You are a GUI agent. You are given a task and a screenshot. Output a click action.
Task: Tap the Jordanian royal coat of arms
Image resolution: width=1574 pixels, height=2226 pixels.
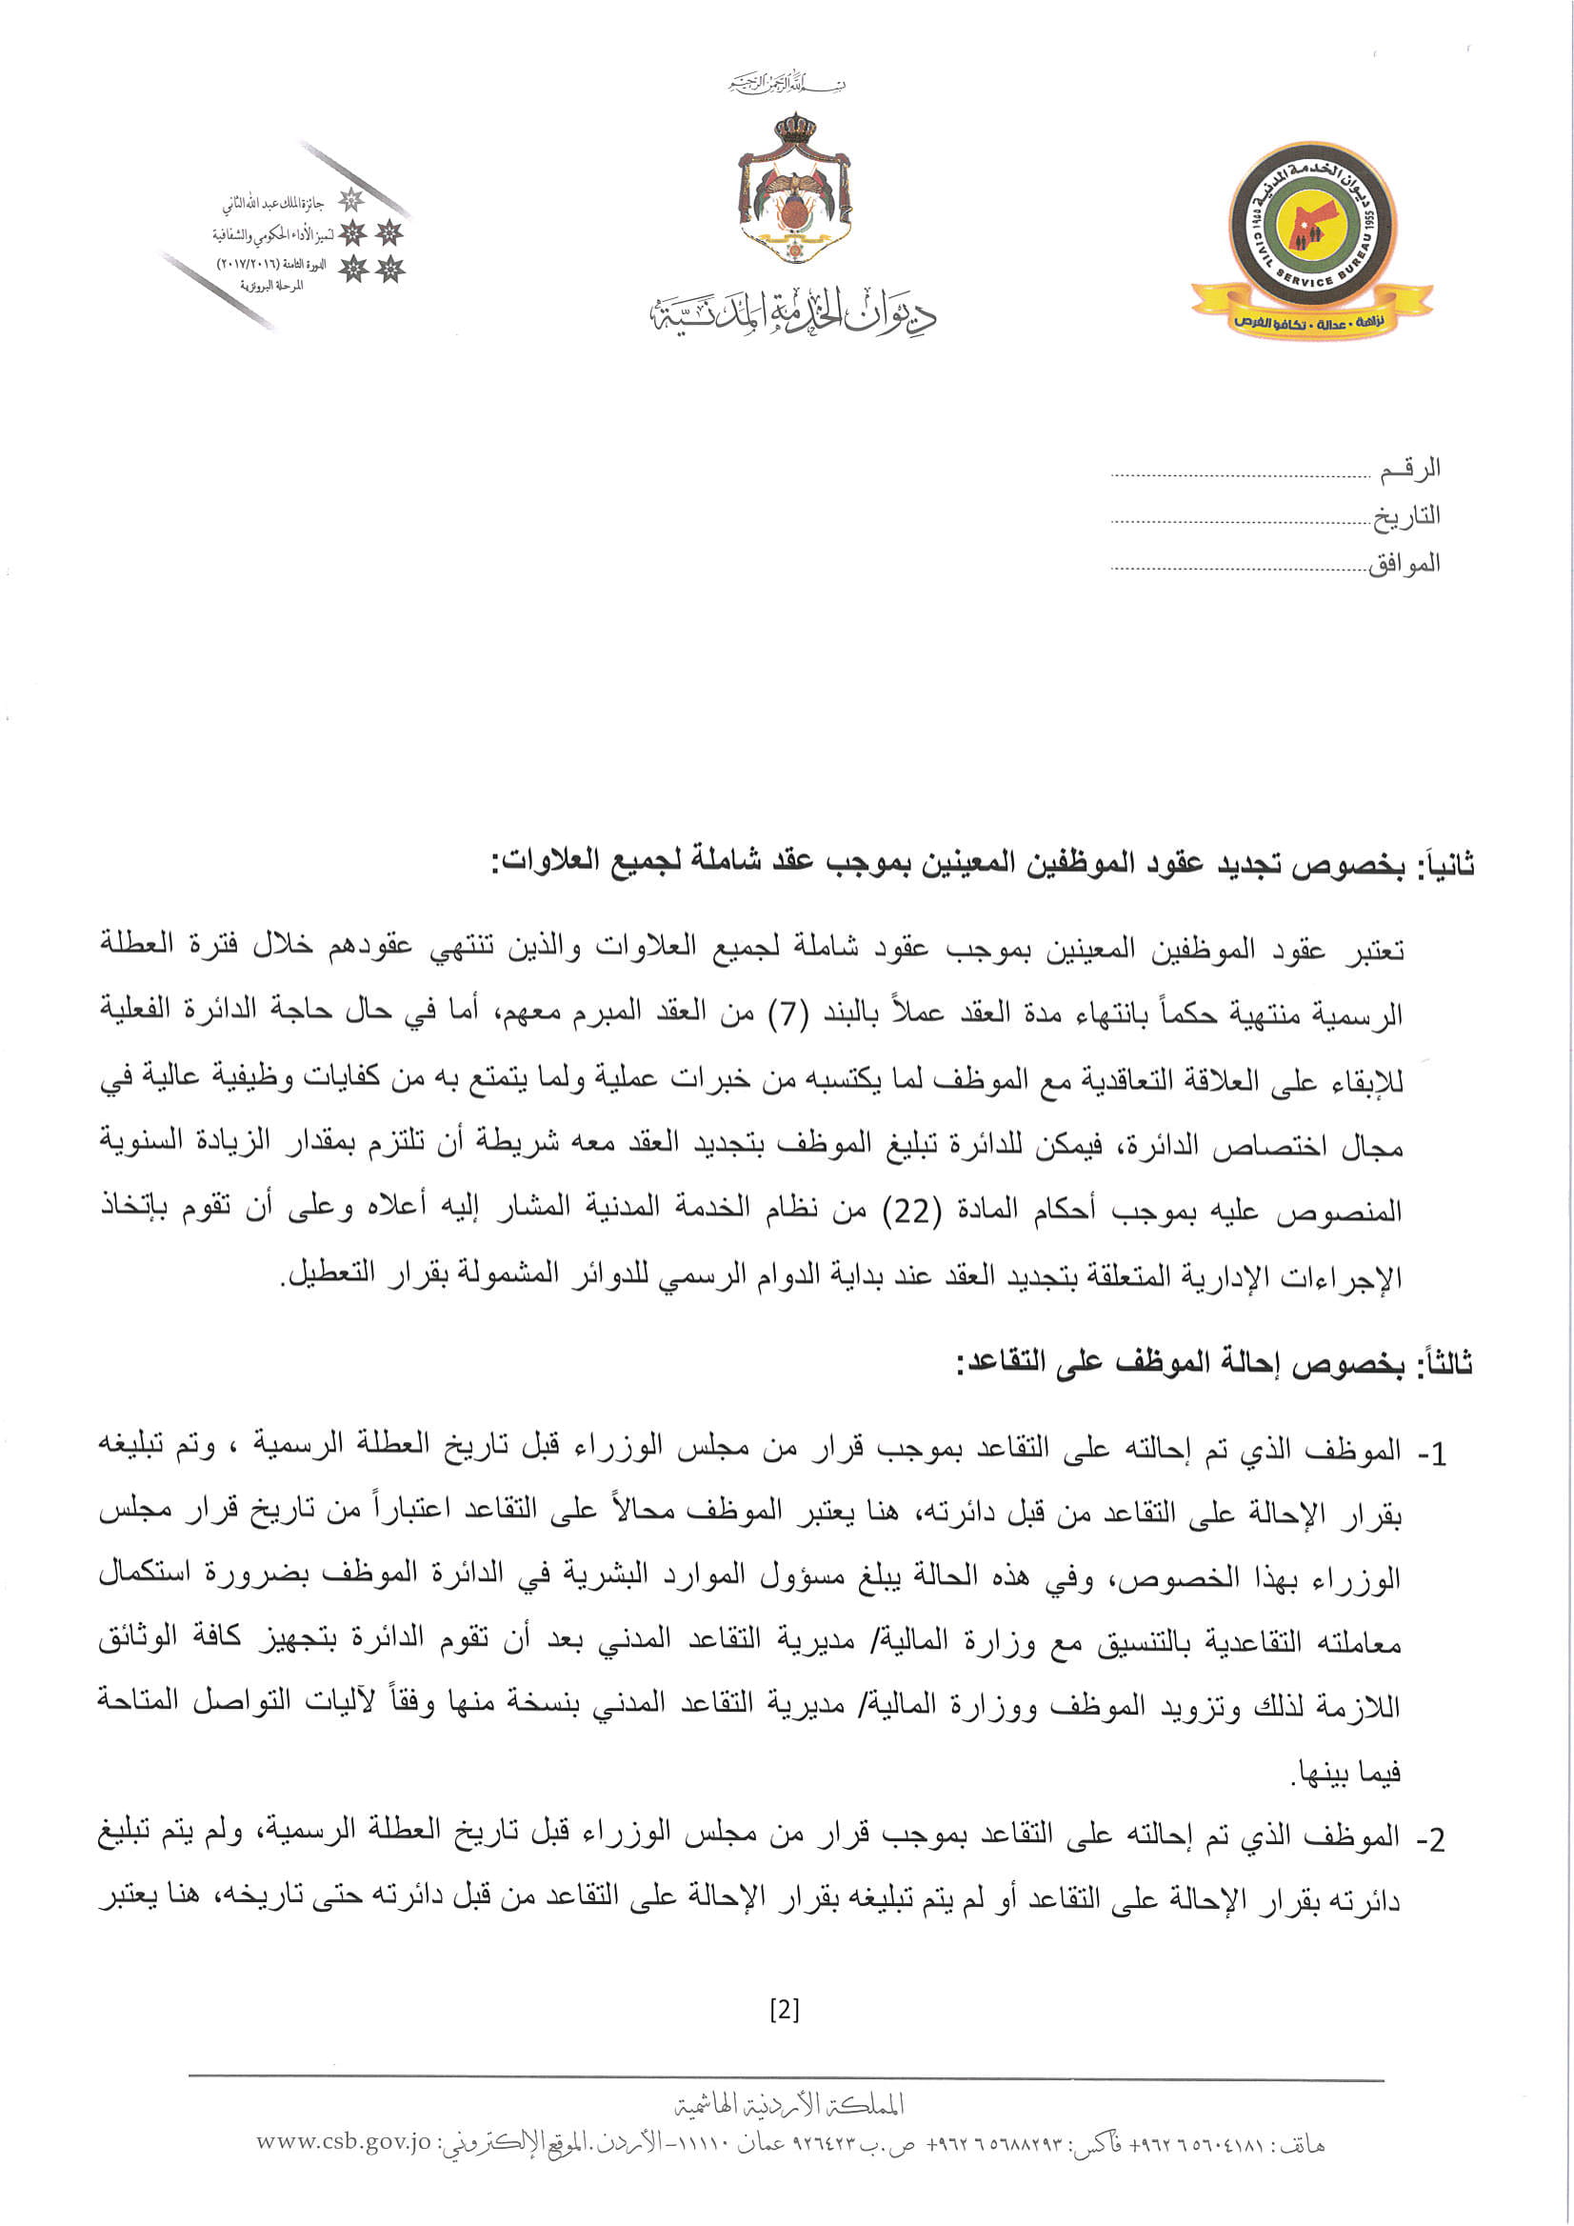coord(794,188)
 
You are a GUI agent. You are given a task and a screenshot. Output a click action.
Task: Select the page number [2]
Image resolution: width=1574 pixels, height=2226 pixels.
coord(784,2010)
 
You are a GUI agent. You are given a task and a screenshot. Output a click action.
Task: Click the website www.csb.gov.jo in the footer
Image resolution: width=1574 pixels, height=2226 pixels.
coord(343,2142)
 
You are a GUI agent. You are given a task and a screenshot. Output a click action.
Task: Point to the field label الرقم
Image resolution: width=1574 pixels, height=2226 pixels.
coord(1410,470)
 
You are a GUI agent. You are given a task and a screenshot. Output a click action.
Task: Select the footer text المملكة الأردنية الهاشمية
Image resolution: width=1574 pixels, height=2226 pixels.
coord(789,2104)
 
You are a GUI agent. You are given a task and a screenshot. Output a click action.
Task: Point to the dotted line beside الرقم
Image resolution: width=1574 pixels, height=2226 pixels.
coord(1240,476)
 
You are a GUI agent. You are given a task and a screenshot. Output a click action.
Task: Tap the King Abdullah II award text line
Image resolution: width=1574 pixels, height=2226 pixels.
coord(273,205)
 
